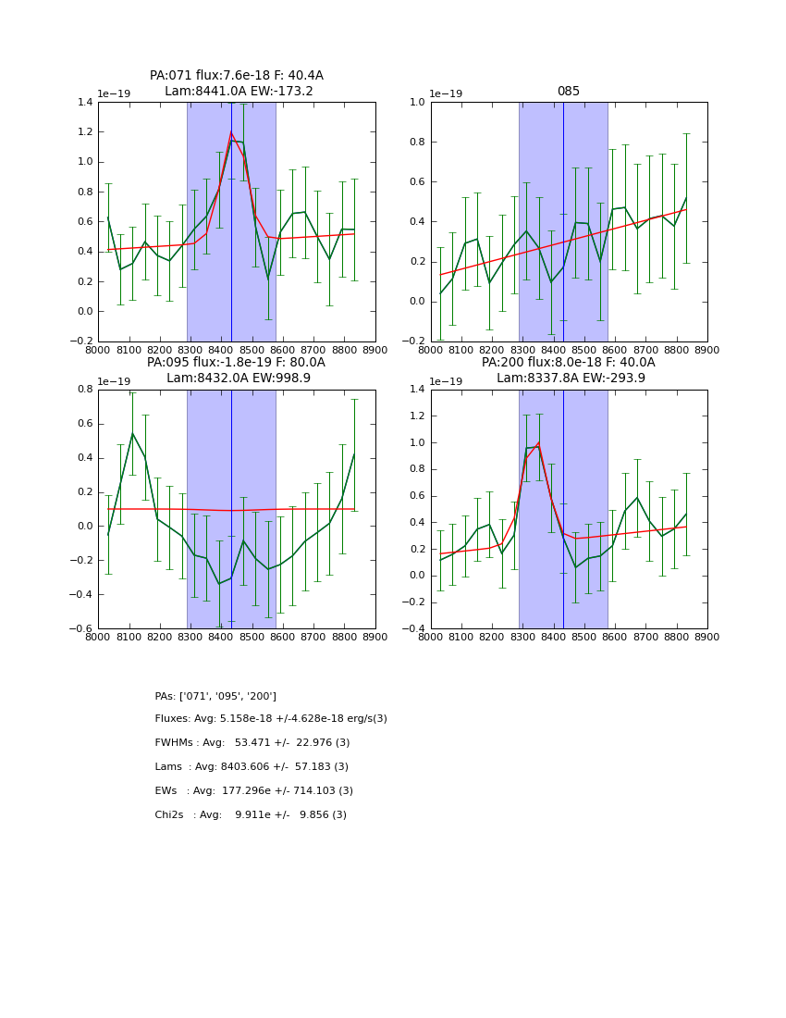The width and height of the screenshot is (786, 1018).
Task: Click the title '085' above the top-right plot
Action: [x=568, y=92]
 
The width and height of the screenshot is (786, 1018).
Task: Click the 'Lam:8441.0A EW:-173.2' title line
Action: [x=239, y=92]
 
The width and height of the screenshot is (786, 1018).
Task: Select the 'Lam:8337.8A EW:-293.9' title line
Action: [x=571, y=379]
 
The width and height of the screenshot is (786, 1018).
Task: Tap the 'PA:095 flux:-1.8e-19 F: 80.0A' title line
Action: [x=236, y=363]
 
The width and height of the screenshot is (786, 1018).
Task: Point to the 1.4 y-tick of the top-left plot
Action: [x=84, y=102]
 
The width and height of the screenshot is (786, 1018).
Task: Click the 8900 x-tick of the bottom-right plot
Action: [x=706, y=638]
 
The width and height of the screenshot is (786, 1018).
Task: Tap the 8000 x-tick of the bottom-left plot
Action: [x=98, y=638]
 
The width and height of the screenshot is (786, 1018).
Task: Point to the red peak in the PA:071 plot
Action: [x=231, y=133]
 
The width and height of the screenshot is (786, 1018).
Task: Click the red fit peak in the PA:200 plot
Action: [x=538, y=442]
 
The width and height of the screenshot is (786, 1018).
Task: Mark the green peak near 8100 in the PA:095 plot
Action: [x=132, y=433]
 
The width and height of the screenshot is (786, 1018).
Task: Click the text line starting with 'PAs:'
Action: [x=215, y=696]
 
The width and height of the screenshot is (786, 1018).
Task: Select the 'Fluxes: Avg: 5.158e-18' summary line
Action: [x=271, y=719]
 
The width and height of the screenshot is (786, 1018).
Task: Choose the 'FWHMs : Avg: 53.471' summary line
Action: [x=252, y=743]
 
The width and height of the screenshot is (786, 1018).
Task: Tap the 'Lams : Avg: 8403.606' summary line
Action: [x=252, y=767]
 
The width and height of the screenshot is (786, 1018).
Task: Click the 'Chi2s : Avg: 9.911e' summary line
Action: [x=251, y=815]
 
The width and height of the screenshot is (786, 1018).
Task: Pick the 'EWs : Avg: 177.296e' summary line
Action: [x=254, y=791]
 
